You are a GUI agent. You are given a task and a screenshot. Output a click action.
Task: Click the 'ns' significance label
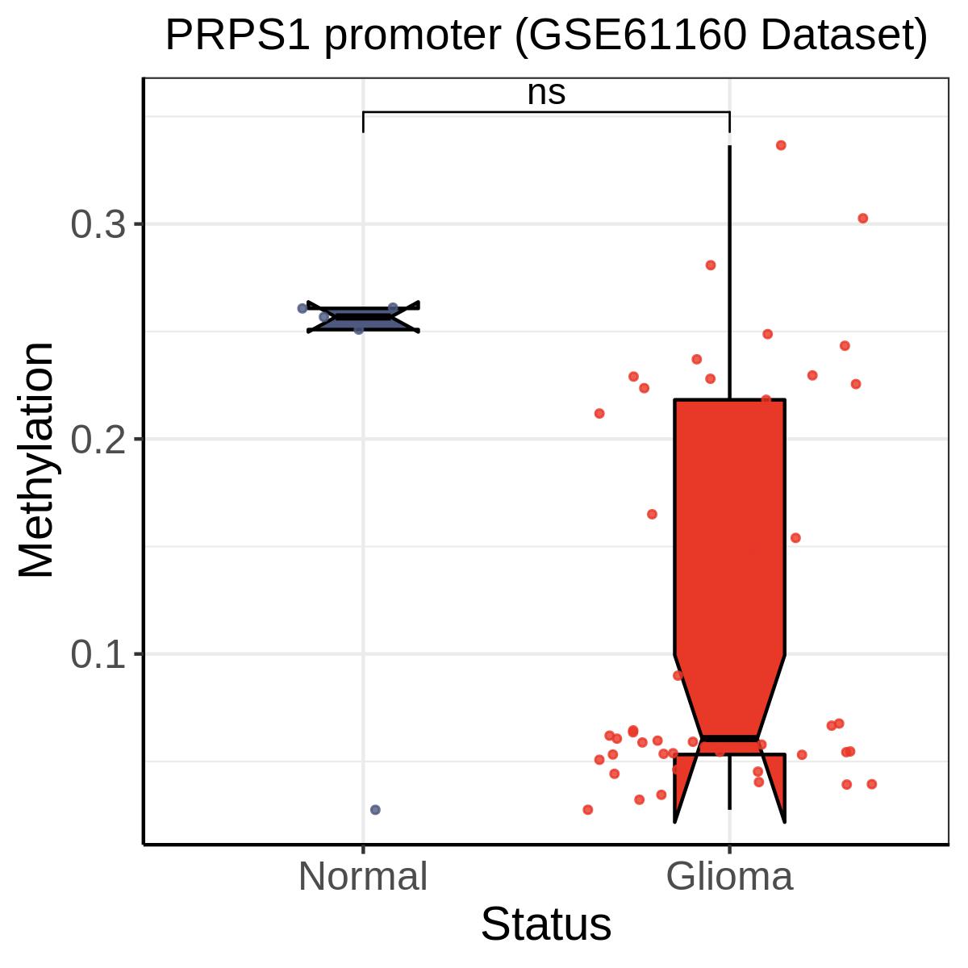click(x=546, y=94)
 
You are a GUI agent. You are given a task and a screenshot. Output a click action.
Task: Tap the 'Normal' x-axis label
click(x=363, y=877)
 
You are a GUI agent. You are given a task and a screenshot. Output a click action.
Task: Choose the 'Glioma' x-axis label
click(x=730, y=877)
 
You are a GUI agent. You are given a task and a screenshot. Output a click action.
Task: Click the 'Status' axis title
click(x=546, y=924)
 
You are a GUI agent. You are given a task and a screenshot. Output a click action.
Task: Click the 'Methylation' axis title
click(x=37, y=460)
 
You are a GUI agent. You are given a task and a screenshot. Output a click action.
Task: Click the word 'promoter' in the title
click(x=414, y=36)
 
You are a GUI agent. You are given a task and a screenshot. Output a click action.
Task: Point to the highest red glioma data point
click(x=781, y=145)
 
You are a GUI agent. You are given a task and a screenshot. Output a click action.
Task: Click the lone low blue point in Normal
click(x=375, y=809)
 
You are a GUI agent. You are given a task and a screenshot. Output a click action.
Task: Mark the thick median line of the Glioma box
click(x=730, y=739)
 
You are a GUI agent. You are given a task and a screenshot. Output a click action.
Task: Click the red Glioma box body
click(x=730, y=524)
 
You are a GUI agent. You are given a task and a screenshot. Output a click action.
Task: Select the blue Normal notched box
click(x=363, y=319)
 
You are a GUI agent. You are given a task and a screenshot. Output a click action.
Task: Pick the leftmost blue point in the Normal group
click(x=302, y=308)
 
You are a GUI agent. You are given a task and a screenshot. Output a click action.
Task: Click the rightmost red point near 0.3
click(x=862, y=219)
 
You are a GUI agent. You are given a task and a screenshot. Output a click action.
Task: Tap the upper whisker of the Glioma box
click(x=730, y=266)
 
